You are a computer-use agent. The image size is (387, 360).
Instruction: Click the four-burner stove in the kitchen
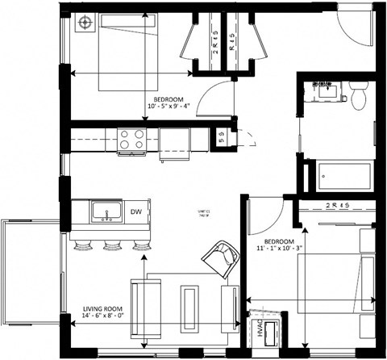tap(131, 140)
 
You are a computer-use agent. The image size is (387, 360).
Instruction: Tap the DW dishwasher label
tap(137, 212)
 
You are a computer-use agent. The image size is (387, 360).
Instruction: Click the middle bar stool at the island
tap(110, 244)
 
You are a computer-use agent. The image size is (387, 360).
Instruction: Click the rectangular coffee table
tap(190, 304)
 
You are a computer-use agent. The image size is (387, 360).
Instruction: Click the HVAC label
tap(261, 331)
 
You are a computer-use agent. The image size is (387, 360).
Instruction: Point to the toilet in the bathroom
tap(359, 97)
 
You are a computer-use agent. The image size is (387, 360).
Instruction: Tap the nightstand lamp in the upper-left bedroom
tap(83, 23)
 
